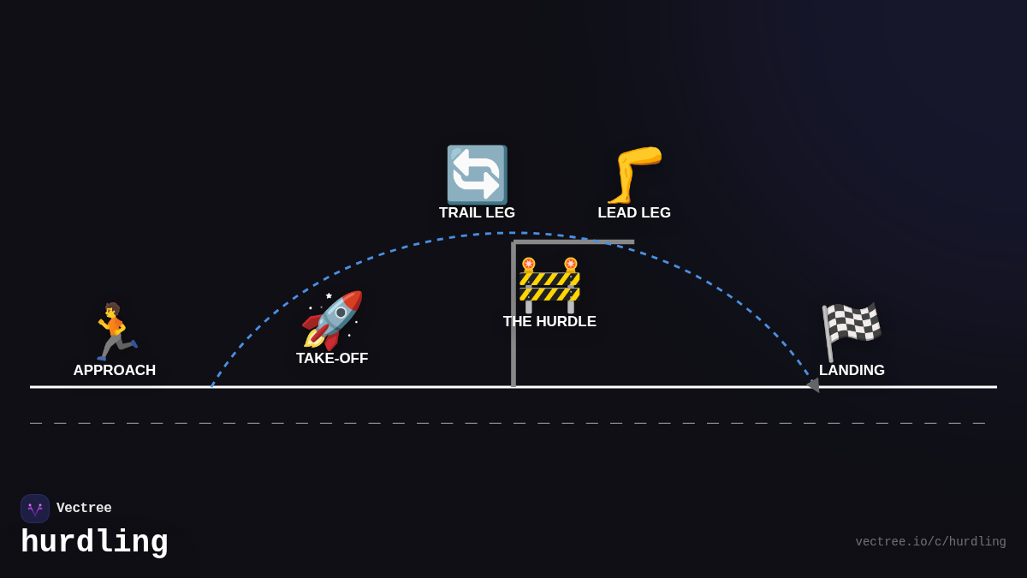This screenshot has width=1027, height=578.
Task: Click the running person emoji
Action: pyautogui.click(x=115, y=331)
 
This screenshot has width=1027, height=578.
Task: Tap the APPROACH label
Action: pyautogui.click(x=115, y=371)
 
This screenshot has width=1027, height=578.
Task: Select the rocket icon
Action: pyautogui.click(x=332, y=319)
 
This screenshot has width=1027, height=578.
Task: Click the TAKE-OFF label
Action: pyautogui.click(x=332, y=359)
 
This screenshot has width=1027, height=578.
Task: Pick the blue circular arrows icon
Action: pyautogui.click(x=477, y=174)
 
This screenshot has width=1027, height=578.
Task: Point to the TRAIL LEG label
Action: pyautogui.click(x=477, y=213)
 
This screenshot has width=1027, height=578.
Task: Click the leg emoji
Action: pyautogui.click(x=634, y=174)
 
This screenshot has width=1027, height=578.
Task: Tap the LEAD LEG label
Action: pyautogui.click(x=634, y=213)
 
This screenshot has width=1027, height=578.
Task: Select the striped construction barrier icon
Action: pyautogui.click(x=549, y=285)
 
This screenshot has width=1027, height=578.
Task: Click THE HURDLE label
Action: pyautogui.click(x=549, y=322)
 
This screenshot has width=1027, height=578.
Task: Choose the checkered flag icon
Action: pyautogui.click(x=852, y=331)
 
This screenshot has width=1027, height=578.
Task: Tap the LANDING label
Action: pyautogui.click(x=852, y=371)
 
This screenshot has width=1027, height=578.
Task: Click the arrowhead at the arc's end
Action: pyautogui.click(x=813, y=385)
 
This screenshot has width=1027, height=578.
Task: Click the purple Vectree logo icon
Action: pyautogui.click(x=35, y=509)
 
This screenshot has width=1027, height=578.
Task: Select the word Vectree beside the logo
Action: pyautogui.click(x=84, y=509)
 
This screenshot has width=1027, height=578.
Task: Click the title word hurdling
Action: pyautogui.click(x=94, y=542)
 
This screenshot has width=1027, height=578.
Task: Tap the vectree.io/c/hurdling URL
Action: pyautogui.click(x=930, y=542)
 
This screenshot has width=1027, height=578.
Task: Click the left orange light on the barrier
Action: pyautogui.click(x=529, y=264)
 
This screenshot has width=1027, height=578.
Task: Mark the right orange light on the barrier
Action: pyautogui.click(x=571, y=264)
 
